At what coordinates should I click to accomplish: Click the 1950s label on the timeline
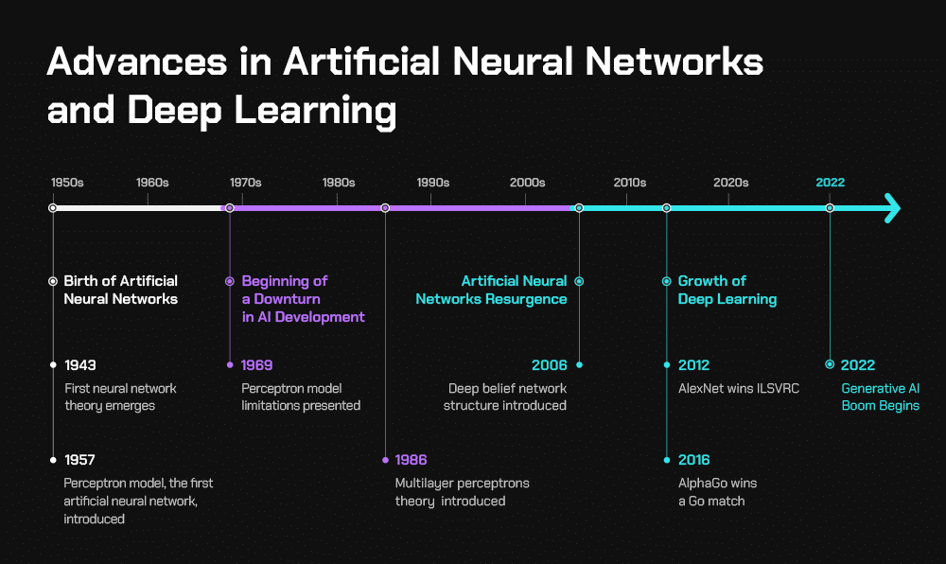pyautogui.click(x=67, y=183)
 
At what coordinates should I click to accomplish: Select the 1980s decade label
pyautogui.click(x=339, y=183)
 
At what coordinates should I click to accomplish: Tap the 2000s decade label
pyautogui.click(x=527, y=183)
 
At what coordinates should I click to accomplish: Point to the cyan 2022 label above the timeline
pyautogui.click(x=831, y=183)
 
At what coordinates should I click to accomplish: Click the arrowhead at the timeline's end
pyautogui.click(x=892, y=208)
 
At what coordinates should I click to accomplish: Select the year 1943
pyautogui.click(x=80, y=365)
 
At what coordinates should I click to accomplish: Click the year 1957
pyautogui.click(x=79, y=460)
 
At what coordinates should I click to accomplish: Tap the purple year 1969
pyautogui.click(x=256, y=365)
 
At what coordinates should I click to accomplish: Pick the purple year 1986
pyautogui.click(x=411, y=460)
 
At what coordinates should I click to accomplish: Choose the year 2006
pyautogui.click(x=549, y=365)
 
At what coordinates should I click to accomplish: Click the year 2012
pyautogui.click(x=693, y=365)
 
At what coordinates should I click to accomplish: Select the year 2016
pyautogui.click(x=693, y=460)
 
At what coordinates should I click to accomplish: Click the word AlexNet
pyautogui.click(x=700, y=389)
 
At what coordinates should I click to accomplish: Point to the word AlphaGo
pyautogui.click(x=702, y=484)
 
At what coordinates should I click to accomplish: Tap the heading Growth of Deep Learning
pyautogui.click(x=727, y=291)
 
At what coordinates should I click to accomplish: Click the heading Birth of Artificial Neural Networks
pyautogui.click(x=121, y=291)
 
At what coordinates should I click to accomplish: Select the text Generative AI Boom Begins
pyautogui.click(x=880, y=397)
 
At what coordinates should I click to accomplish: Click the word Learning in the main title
pyautogui.click(x=315, y=111)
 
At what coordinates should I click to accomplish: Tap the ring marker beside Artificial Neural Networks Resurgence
pyautogui.click(x=579, y=281)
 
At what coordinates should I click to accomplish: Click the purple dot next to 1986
pyautogui.click(x=386, y=460)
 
